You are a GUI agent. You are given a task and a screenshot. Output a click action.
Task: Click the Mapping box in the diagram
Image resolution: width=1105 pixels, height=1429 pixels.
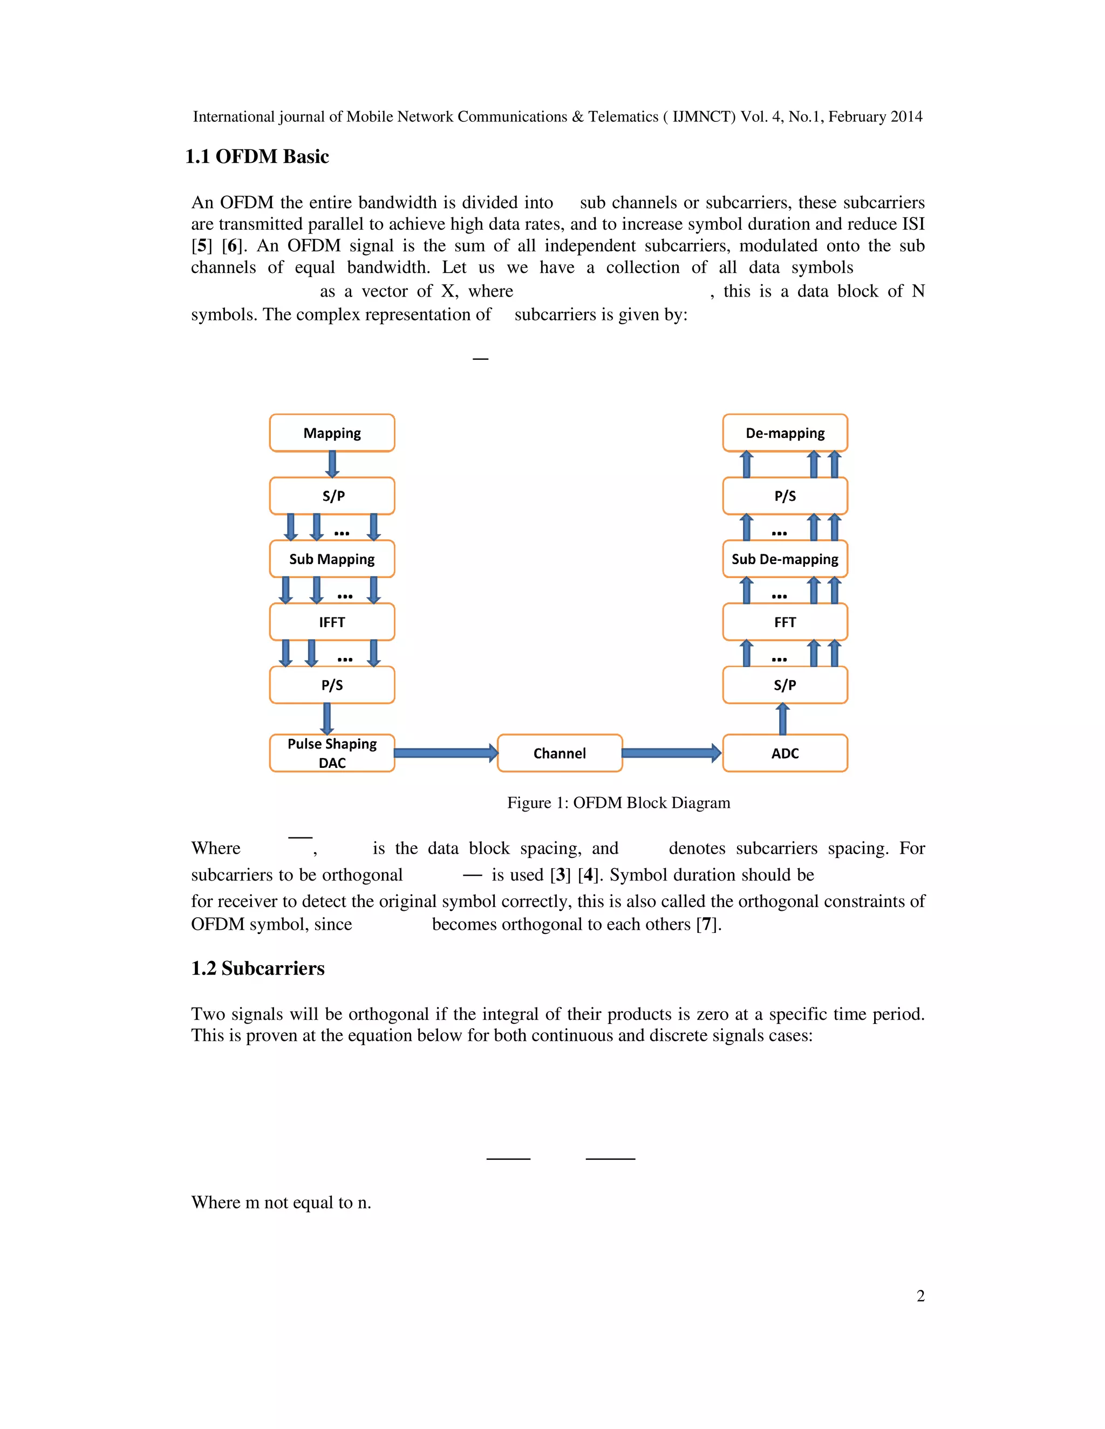(x=332, y=433)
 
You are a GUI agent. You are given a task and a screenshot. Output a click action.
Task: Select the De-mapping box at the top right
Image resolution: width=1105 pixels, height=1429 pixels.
(x=785, y=433)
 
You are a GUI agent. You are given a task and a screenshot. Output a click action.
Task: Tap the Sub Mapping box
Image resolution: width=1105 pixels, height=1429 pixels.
(x=332, y=559)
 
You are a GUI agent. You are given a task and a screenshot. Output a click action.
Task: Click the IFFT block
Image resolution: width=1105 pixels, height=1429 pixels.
(x=332, y=622)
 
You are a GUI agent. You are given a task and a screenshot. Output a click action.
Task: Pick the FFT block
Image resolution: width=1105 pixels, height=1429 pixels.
(x=785, y=622)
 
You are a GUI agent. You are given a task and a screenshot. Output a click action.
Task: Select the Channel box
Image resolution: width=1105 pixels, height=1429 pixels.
(x=559, y=753)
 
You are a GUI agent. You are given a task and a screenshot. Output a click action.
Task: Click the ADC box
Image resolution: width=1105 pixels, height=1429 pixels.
(x=785, y=753)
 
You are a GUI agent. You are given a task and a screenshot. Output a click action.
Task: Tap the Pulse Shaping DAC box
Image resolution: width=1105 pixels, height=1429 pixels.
(x=332, y=753)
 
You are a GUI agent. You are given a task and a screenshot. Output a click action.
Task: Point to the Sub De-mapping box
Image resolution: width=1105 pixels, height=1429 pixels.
(x=785, y=559)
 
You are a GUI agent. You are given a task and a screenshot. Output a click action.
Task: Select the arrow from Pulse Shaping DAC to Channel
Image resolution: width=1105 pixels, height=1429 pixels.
(x=445, y=753)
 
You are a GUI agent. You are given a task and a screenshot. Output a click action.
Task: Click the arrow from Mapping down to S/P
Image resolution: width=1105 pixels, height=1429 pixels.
(x=332, y=464)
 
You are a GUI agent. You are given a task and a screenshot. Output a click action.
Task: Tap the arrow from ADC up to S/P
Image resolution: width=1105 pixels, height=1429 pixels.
(x=782, y=719)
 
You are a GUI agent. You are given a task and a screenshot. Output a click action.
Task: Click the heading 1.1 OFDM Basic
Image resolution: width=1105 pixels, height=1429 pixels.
(x=257, y=156)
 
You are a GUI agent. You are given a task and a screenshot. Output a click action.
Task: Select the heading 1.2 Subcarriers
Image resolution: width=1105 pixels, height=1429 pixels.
(x=257, y=968)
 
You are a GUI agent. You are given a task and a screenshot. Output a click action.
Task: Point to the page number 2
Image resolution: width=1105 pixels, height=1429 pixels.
(x=920, y=1296)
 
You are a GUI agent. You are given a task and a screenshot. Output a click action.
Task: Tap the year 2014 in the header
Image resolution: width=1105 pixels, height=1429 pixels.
(x=906, y=116)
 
